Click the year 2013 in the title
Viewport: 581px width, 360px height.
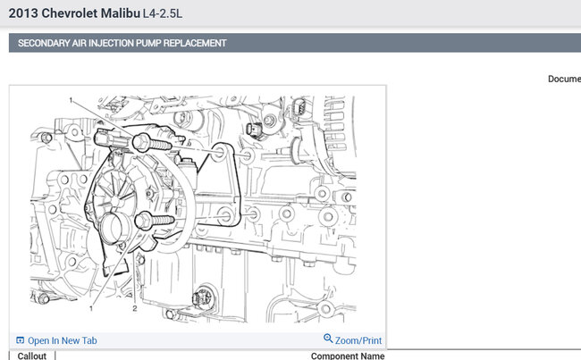pos(23,13)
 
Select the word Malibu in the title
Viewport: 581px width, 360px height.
pos(121,13)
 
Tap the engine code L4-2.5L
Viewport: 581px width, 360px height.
pos(163,13)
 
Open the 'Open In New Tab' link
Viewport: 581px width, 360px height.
pos(63,340)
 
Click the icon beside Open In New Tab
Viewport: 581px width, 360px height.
pos(20,340)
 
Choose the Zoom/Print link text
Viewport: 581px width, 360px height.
pos(358,340)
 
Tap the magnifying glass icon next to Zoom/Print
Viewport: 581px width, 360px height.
pos(328,339)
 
